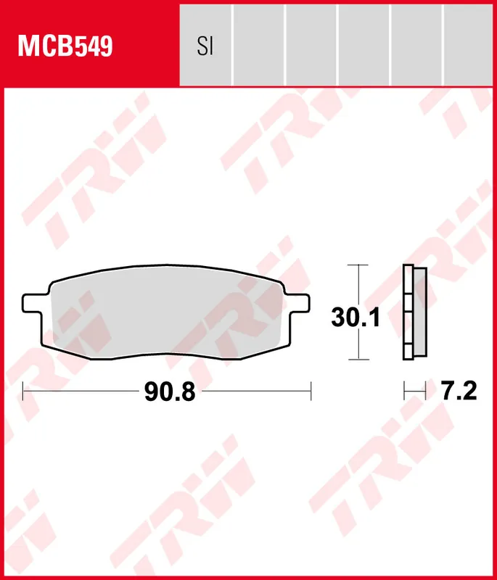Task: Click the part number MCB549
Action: coord(65,46)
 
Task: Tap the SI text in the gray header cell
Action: coord(205,46)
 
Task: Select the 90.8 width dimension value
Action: coord(170,391)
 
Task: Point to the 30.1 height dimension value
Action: coord(356,317)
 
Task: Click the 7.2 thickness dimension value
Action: coord(459,391)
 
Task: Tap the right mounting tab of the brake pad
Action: coord(297,303)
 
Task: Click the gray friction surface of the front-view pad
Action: coord(167,312)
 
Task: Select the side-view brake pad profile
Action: coord(415,312)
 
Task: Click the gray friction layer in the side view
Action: coord(420,312)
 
